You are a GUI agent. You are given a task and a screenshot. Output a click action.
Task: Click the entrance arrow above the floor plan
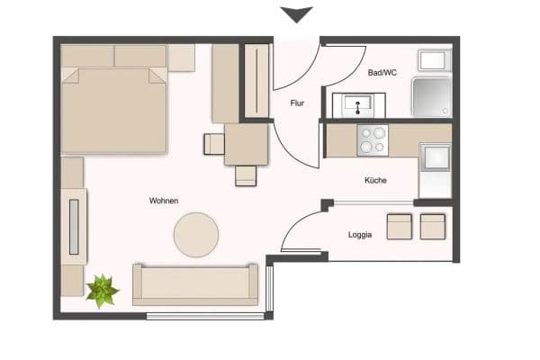pyautogui.click(x=296, y=14)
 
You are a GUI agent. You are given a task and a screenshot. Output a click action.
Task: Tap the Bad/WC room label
pyautogui.click(x=382, y=71)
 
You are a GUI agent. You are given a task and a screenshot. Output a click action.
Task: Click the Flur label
pyautogui.click(x=297, y=103)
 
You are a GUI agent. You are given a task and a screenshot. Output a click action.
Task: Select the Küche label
pyautogui.click(x=375, y=181)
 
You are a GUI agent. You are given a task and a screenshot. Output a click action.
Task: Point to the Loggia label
pyautogui.click(x=361, y=235)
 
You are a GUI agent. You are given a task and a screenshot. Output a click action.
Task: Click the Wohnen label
pyautogui.click(x=163, y=200)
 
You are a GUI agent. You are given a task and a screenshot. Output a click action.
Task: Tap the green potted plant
pyautogui.click(x=102, y=291)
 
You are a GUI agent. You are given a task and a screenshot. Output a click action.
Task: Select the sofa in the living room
pyautogui.click(x=195, y=284)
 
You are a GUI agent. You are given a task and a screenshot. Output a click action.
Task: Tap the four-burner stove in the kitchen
pyautogui.click(x=372, y=140)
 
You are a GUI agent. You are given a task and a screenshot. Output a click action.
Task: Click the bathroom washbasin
pyautogui.click(x=359, y=105)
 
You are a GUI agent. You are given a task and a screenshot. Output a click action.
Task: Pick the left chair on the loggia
pyautogui.click(x=400, y=226)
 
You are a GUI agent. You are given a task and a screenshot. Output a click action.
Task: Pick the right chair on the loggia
pyautogui.click(x=433, y=226)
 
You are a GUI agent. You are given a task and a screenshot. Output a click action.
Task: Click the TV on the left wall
pyautogui.click(x=75, y=225)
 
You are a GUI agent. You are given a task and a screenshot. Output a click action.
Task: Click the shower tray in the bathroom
pyautogui.click(x=432, y=98)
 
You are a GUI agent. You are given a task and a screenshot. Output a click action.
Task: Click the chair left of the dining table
pyautogui.click(x=214, y=144)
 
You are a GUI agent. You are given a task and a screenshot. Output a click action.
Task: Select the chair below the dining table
pyautogui.click(x=246, y=175)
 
